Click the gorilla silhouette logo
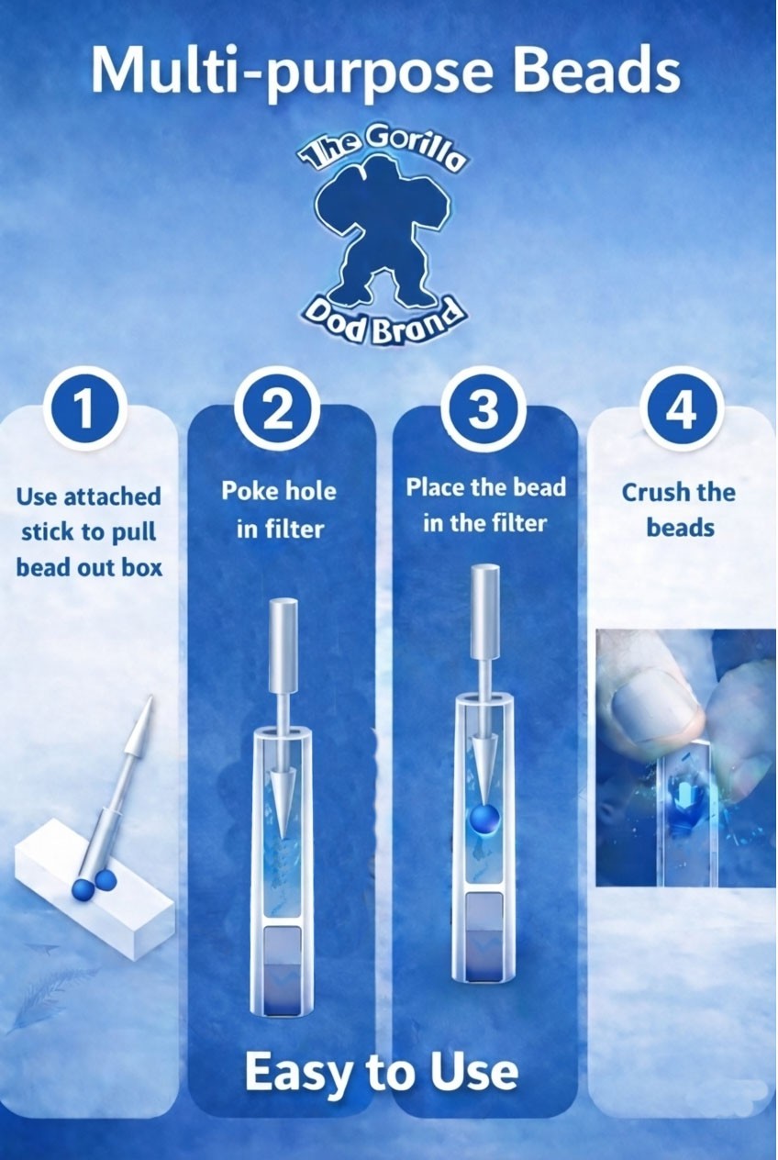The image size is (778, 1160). click(382, 237)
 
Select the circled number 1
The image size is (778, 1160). click(85, 410)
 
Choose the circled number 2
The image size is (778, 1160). click(278, 410)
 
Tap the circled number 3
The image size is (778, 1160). click(483, 409)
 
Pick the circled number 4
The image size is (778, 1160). click(680, 410)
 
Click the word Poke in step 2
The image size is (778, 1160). click(245, 490)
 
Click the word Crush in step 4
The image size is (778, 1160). click(651, 492)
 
